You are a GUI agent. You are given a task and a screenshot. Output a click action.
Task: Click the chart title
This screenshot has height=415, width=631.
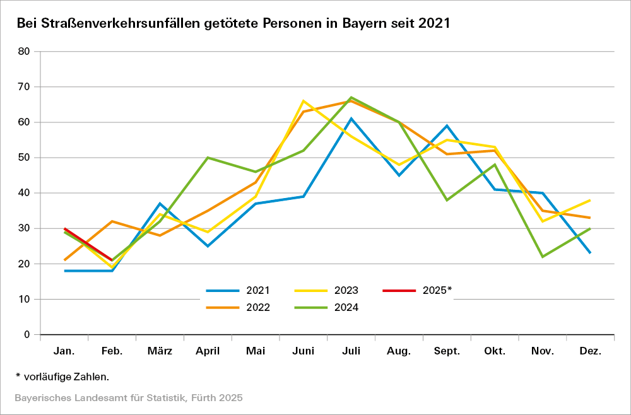[233, 24]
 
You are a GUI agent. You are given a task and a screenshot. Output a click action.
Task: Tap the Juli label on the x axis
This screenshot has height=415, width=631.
[351, 351]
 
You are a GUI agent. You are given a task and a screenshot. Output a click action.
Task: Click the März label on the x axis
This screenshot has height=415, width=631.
[160, 351]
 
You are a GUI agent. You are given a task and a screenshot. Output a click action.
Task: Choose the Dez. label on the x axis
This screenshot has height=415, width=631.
[589, 351]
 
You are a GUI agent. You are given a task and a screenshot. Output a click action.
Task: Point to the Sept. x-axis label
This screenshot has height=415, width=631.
[447, 351]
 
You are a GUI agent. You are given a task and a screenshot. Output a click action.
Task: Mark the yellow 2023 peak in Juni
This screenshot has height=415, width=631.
[304, 101]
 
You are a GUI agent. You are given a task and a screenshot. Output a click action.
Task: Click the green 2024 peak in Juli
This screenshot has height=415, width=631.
[351, 97]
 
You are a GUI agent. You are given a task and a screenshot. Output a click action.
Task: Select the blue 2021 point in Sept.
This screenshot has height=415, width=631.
[447, 126]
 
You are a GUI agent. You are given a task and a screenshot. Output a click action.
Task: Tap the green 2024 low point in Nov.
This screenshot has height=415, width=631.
[542, 257]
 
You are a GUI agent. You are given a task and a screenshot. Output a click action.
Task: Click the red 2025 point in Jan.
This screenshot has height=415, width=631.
[65, 228]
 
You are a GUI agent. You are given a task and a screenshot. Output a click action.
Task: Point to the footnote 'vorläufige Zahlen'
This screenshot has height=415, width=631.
[66, 377]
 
